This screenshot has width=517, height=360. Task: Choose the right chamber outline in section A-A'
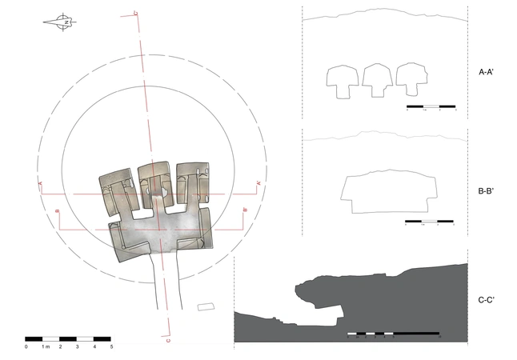click(x=411, y=80)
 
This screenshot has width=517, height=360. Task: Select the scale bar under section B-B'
click(x=429, y=221)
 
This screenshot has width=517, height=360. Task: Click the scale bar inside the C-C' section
click(x=394, y=333)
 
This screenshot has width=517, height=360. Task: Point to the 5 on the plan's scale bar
click(x=111, y=346)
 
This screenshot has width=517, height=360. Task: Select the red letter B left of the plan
click(x=58, y=212)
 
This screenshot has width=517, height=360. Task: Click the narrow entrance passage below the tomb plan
click(x=169, y=284)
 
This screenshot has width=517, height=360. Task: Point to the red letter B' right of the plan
click(x=244, y=211)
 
